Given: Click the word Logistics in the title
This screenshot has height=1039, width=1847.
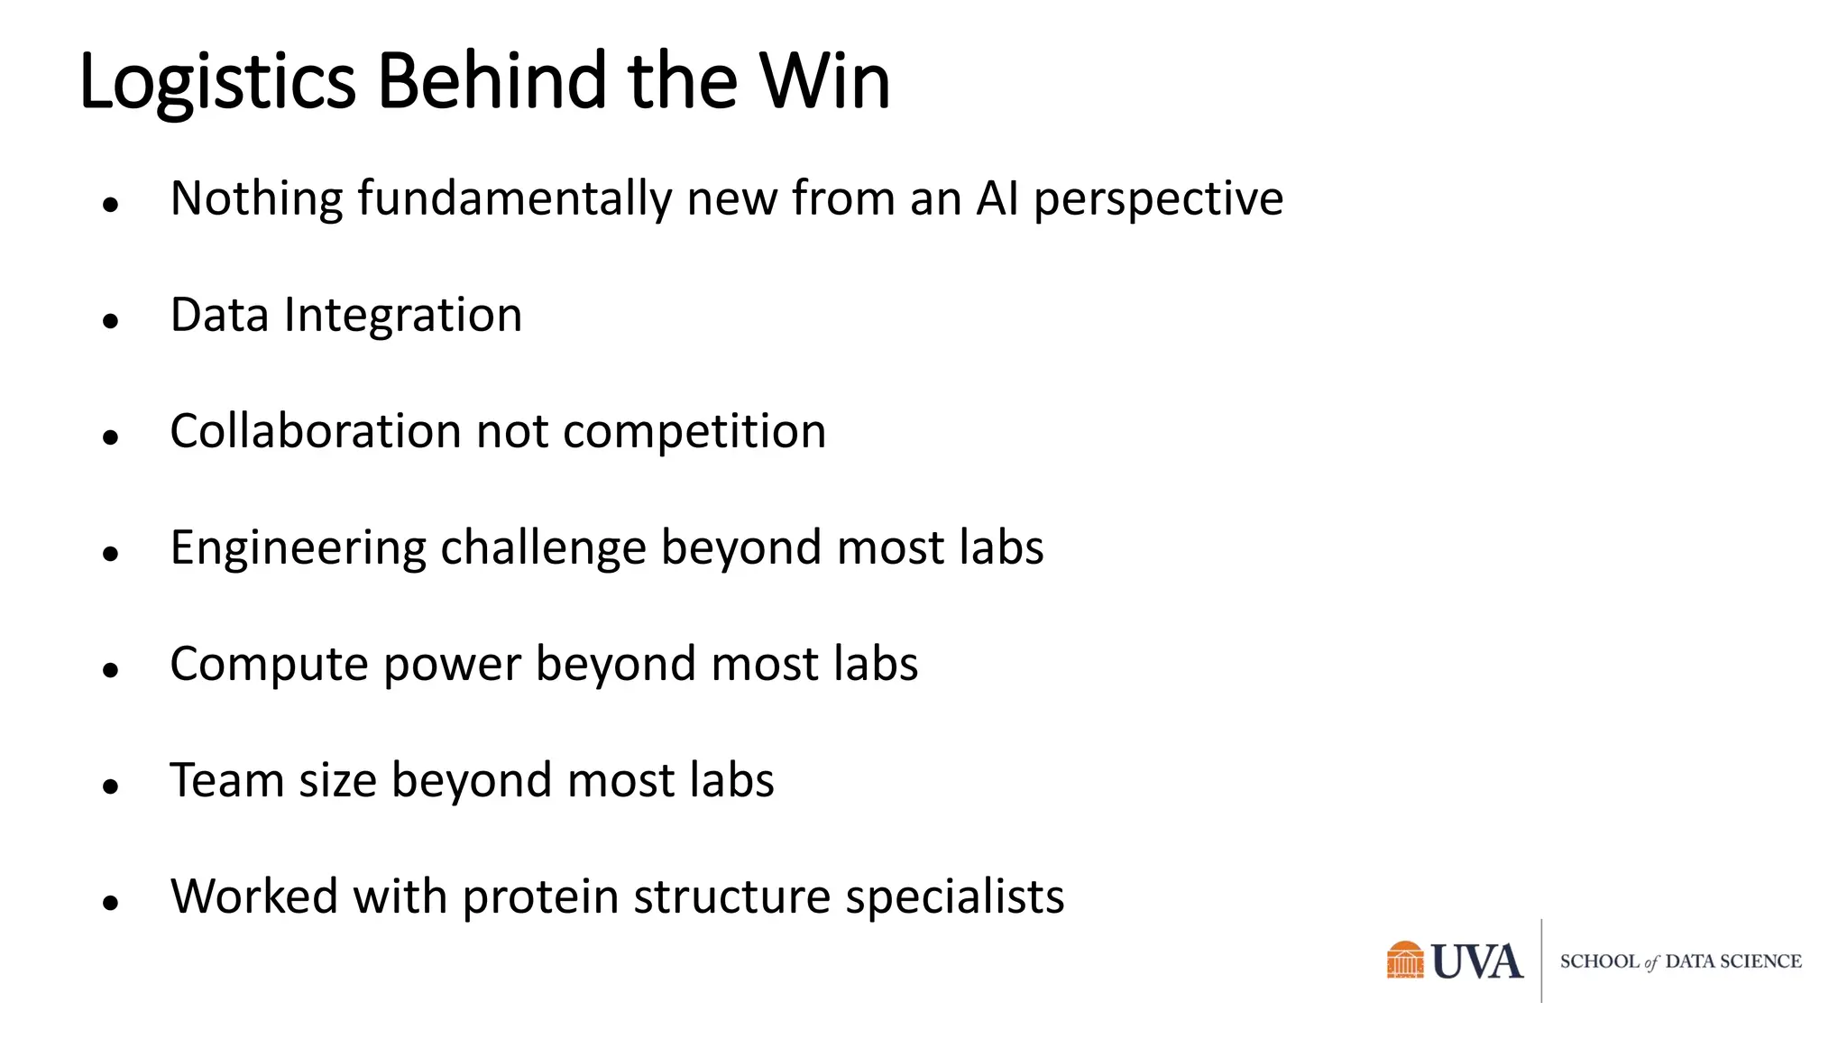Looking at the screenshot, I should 217,83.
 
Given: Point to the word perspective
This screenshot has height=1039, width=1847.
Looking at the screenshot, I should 1158,200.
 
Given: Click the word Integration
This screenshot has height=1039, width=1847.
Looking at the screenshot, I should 403,317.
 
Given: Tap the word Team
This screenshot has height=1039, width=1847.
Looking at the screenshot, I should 227,780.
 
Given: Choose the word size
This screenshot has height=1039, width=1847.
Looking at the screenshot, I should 337,782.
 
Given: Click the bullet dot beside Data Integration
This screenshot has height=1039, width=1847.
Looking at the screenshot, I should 111,320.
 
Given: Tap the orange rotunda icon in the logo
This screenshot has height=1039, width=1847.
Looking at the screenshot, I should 1405,961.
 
